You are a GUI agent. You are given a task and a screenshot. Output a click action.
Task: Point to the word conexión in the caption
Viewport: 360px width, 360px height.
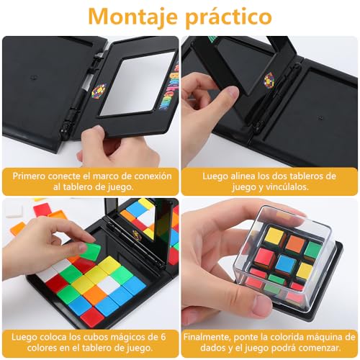tap(147, 175)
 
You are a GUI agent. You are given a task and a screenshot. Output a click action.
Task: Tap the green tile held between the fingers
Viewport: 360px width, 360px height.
tap(90, 251)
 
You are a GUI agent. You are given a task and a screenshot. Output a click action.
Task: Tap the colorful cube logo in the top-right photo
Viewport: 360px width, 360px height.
tap(269, 79)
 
